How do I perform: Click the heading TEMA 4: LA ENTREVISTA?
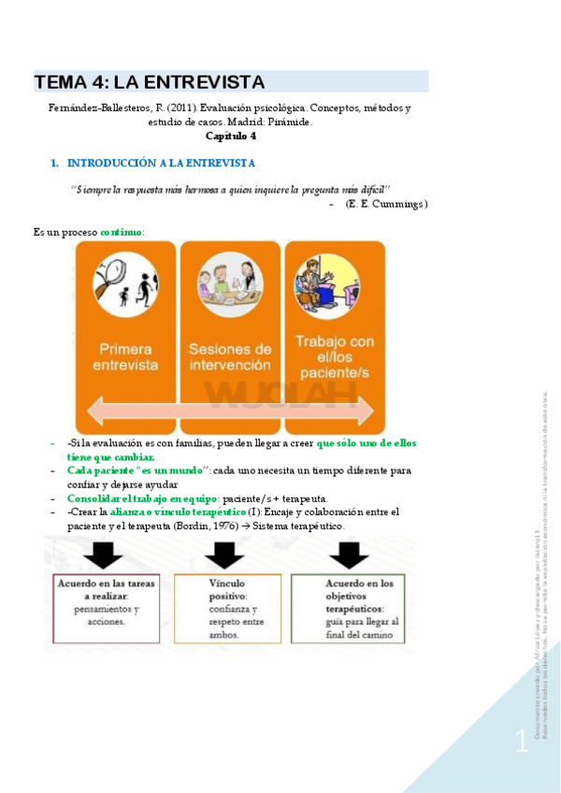150,82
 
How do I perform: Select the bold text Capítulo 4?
231,136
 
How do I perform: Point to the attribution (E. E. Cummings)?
386,204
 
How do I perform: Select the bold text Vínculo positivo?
228,588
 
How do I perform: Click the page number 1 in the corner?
521,743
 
